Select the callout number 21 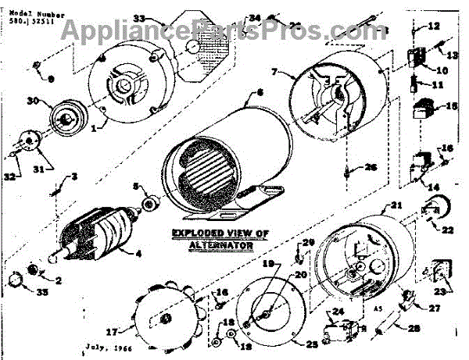[x=396, y=205]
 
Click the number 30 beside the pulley [x=32, y=101]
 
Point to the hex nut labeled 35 [x=13, y=279]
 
